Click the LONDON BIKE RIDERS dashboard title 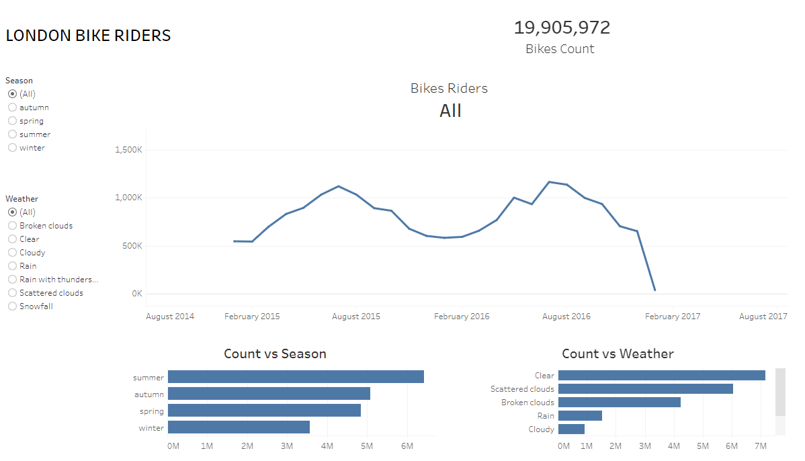[88, 36]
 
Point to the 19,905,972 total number [562, 28]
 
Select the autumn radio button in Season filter [12, 108]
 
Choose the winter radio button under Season [12, 148]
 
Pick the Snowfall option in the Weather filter [12, 306]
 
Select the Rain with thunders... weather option [12, 280]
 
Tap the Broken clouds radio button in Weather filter [12, 226]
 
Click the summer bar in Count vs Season [296, 377]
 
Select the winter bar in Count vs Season [239, 427]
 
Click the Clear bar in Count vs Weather [661, 375]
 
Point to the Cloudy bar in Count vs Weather [571, 429]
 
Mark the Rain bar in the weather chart [580, 415]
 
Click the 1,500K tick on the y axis [128, 150]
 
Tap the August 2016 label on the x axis [566, 316]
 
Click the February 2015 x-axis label [252, 316]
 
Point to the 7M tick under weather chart [761, 446]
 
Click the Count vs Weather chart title [617, 353]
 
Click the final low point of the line [654, 290]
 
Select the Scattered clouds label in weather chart [522, 389]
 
